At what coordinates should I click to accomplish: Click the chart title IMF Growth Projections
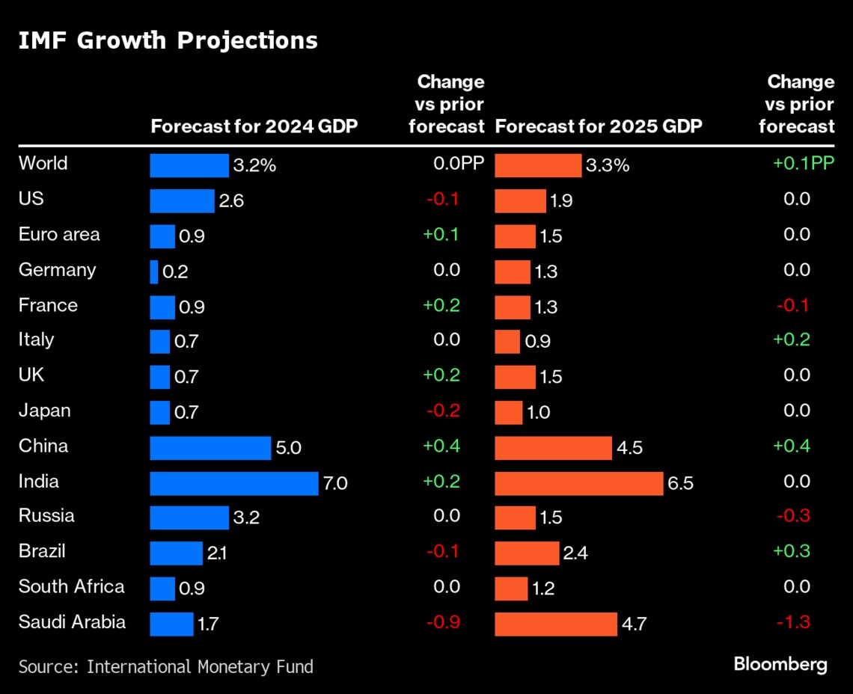pyautogui.click(x=168, y=40)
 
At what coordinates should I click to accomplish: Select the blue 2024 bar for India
pyautogui.click(x=233, y=483)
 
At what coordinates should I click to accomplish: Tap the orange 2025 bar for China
pyautogui.click(x=553, y=448)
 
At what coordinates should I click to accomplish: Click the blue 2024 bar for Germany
pyautogui.click(x=154, y=272)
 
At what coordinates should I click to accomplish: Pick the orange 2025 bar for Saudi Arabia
pyautogui.click(x=556, y=624)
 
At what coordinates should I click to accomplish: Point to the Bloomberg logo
pyautogui.click(x=780, y=663)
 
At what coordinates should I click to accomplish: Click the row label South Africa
pyautogui.click(x=72, y=586)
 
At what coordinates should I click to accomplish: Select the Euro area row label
pyautogui.click(x=59, y=235)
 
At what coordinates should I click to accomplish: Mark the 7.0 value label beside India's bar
pyautogui.click(x=335, y=484)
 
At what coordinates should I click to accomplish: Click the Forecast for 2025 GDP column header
pyautogui.click(x=599, y=126)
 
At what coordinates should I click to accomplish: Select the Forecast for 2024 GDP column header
pyautogui.click(x=254, y=126)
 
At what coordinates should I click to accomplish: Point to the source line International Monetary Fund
pyautogui.click(x=166, y=666)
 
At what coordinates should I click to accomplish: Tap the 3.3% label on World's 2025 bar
pyautogui.click(x=607, y=165)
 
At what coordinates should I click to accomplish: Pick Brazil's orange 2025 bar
pyautogui.click(x=527, y=553)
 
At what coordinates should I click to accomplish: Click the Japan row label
pyautogui.click(x=45, y=411)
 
